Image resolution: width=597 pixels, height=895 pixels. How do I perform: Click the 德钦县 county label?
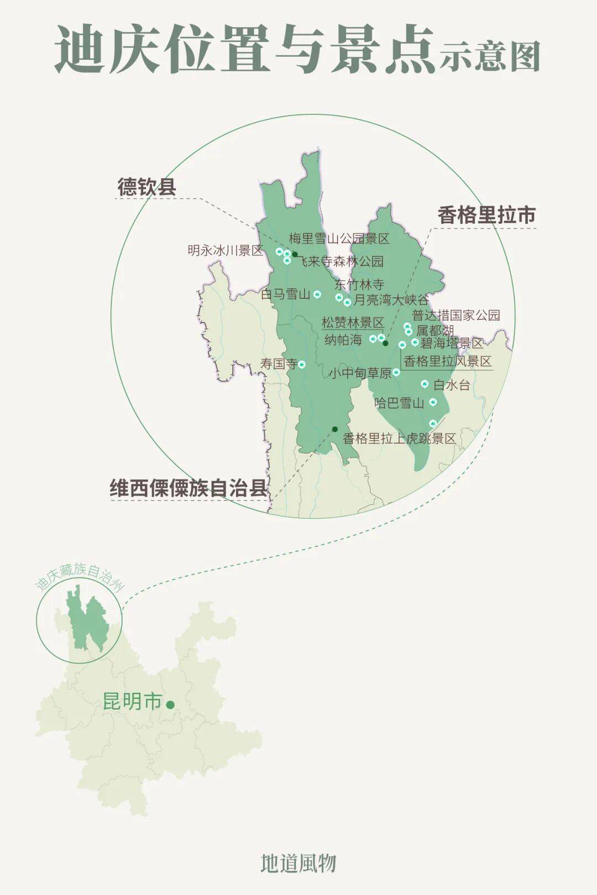(146, 187)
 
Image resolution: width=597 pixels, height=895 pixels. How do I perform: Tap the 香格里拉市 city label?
(486, 215)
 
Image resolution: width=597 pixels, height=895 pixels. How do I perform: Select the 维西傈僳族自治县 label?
(188, 489)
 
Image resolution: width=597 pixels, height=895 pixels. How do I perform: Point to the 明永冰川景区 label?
(226, 250)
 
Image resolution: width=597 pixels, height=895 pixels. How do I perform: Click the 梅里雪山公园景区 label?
(339, 239)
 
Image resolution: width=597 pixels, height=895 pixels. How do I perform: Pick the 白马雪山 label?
(286, 294)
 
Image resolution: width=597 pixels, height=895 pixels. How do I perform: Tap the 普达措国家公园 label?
(456, 315)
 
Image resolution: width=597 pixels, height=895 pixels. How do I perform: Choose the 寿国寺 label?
(279, 364)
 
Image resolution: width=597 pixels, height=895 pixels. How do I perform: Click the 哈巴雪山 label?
(399, 403)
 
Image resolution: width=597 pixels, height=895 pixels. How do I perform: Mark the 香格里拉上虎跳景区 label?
(399, 439)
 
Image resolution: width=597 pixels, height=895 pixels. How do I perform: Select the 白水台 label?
(452, 385)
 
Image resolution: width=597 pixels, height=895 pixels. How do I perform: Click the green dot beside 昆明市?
(170, 704)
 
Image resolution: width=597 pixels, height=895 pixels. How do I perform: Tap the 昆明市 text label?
(132, 702)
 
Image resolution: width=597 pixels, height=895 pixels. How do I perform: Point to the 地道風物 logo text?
(298, 863)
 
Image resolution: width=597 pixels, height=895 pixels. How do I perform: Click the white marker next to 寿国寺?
(302, 364)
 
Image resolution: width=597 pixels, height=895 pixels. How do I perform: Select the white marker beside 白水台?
(425, 383)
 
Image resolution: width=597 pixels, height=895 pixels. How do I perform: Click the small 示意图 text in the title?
(489, 57)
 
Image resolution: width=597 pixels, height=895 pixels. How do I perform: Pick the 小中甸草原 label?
(360, 373)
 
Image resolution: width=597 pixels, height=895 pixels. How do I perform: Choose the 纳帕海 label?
(343, 339)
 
